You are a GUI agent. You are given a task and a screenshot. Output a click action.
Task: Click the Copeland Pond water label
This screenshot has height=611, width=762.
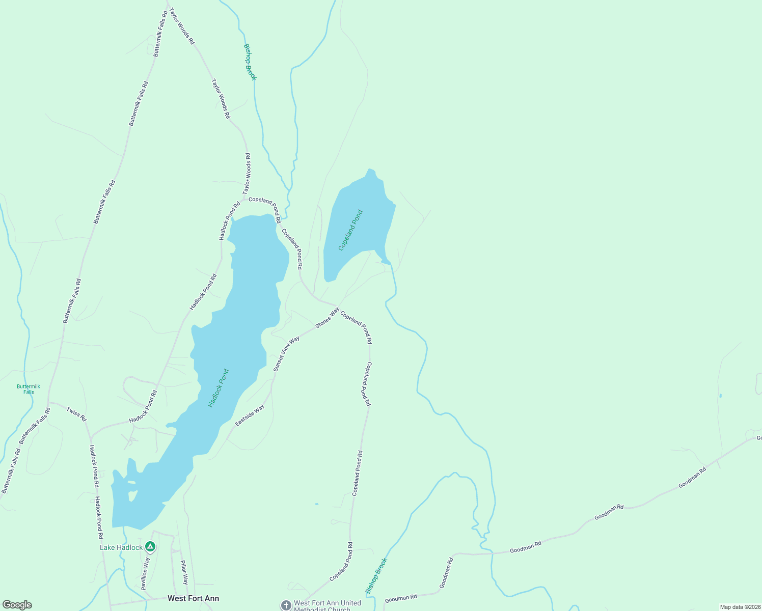[x=351, y=230]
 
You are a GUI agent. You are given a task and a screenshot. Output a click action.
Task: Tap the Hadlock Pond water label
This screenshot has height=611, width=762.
[x=219, y=388]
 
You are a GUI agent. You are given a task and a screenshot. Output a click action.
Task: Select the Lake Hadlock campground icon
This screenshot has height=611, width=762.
[x=150, y=547]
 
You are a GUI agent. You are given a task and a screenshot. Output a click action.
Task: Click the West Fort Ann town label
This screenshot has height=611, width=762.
[x=193, y=598]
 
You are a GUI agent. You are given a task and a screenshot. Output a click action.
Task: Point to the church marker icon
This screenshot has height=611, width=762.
[x=286, y=605]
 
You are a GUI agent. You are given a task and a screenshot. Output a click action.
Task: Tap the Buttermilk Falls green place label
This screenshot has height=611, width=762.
[x=29, y=389]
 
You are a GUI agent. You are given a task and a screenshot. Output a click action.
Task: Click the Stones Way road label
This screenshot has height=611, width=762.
[x=327, y=318]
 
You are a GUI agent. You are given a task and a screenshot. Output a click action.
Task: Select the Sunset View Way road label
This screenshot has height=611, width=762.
[x=286, y=353]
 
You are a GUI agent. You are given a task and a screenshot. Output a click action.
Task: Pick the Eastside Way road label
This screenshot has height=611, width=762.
[x=250, y=415]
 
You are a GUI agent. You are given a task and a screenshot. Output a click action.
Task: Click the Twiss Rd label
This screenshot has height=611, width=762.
[x=76, y=414]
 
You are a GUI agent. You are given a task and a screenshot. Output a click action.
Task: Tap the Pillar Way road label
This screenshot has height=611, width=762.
[x=184, y=572]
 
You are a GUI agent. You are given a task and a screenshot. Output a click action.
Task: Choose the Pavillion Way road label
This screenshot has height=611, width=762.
[x=146, y=573]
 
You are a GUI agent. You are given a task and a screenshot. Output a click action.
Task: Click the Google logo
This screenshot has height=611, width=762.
[x=17, y=605]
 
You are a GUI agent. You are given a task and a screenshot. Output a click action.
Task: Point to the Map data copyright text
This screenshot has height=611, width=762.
[x=740, y=607]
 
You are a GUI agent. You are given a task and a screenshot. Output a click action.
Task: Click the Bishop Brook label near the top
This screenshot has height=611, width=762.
[x=250, y=62]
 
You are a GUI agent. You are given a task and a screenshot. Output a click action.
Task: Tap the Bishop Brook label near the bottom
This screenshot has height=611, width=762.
[x=376, y=576]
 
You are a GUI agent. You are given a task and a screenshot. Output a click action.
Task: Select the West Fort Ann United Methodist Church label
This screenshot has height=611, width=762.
[x=327, y=605]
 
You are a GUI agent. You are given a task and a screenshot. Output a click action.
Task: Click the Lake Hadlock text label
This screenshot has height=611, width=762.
[x=121, y=547]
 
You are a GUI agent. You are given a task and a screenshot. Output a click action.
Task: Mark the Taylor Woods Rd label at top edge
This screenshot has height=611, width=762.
[x=182, y=26]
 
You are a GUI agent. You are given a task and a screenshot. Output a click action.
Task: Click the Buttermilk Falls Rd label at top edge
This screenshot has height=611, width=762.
[x=160, y=34]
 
